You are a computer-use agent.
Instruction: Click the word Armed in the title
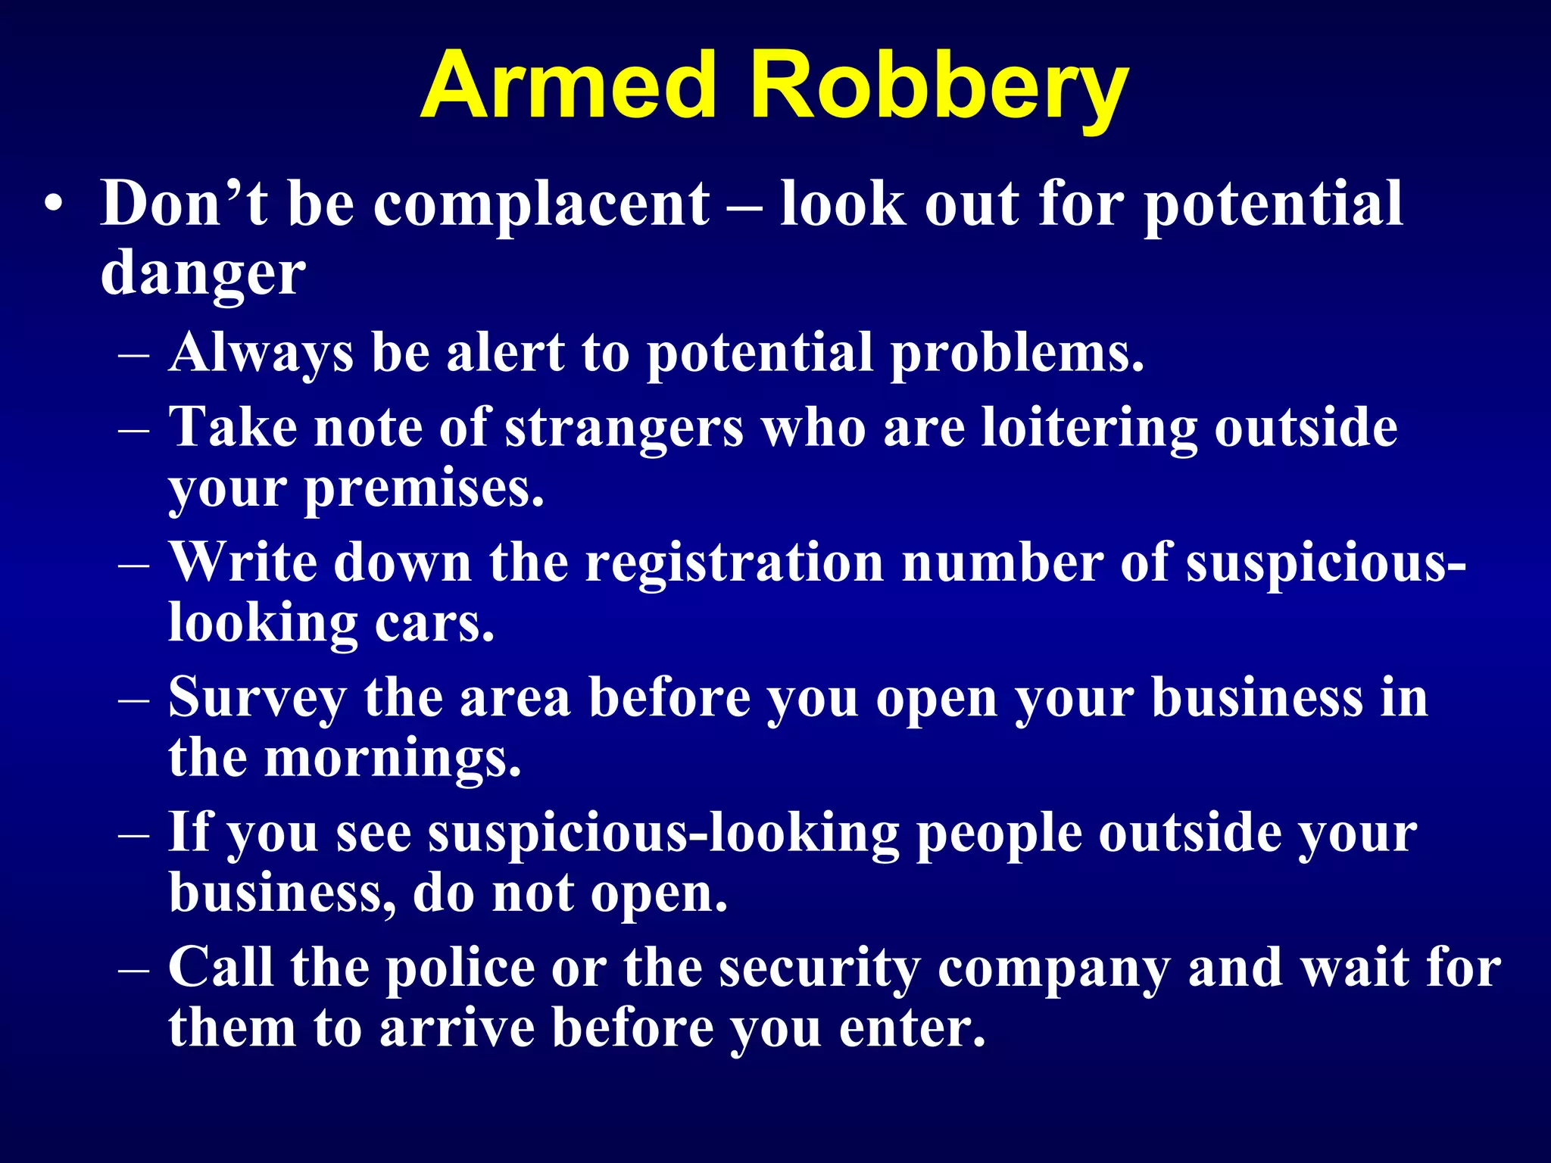568,85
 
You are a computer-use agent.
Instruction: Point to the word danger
203,274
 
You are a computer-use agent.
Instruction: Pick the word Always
261,354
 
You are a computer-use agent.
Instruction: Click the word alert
505,353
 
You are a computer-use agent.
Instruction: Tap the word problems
1016,354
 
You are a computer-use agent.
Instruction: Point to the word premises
424,491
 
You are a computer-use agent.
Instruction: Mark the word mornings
392,760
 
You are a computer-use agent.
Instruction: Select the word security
819,969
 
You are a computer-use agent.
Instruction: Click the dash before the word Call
134,969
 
